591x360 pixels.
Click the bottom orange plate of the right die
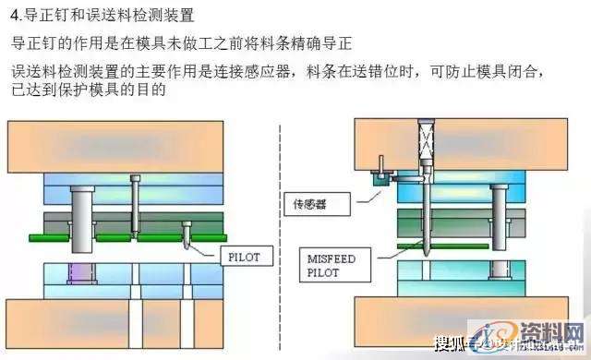pos(462,323)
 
